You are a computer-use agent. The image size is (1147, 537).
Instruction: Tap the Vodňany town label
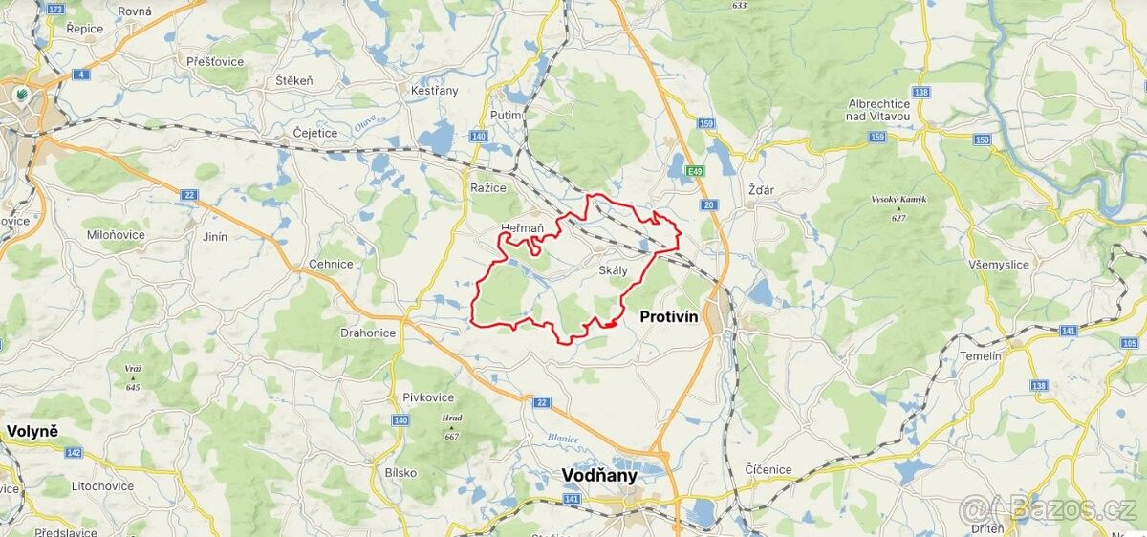pos(598,475)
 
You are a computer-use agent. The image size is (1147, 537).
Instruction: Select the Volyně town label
pos(32,431)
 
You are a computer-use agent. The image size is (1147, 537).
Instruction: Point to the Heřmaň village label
pos(522,228)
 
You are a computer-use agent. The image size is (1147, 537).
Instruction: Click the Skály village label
pos(613,270)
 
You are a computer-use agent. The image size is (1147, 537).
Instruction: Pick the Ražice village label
pos(487,187)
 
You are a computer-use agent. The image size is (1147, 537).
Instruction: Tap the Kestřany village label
pos(434,91)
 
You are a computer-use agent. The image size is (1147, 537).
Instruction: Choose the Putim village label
pos(506,116)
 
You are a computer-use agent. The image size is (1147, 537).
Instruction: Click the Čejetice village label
pos(315,133)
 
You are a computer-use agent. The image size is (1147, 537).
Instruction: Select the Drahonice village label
pos(368,333)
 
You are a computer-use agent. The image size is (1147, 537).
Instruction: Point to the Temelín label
pos(982,355)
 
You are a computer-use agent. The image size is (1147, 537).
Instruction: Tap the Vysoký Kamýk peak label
pos(898,200)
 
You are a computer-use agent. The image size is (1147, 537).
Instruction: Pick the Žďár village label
pos(761,190)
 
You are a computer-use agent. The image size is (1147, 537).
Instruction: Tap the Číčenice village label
pos(768,469)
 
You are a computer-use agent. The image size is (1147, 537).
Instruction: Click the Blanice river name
pos(564,439)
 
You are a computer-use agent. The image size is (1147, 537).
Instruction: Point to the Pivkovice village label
pos(428,397)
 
